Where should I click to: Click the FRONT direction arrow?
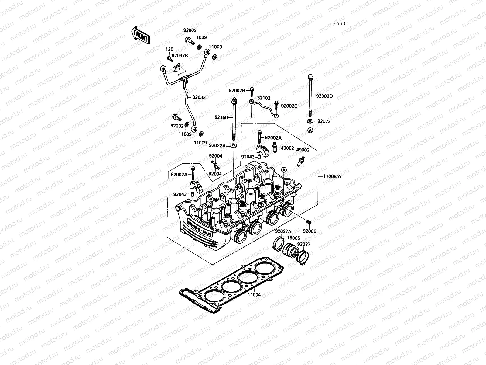(140, 35)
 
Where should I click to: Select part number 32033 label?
(199, 98)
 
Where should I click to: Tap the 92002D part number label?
(324, 96)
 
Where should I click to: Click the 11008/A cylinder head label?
(332, 176)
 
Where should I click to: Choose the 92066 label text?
(309, 231)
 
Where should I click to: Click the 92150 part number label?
(221, 117)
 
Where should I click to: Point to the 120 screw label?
(169, 49)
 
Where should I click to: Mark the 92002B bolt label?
(237, 90)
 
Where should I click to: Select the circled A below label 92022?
(310, 130)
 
